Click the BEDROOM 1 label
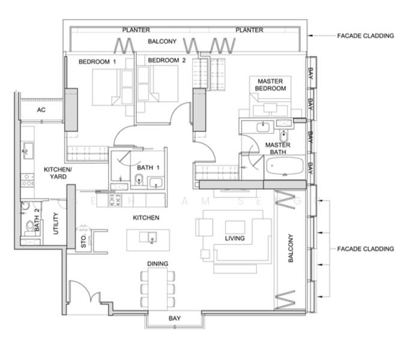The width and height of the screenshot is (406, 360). point(97,61)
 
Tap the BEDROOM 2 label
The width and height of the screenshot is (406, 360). point(167,61)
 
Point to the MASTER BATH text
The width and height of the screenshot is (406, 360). point(278,149)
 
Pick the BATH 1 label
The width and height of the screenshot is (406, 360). point(148,167)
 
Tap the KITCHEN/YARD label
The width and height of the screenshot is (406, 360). point(58,173)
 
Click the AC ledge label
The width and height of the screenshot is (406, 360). point(41,110)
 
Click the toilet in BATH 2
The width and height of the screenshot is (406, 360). point(29,226)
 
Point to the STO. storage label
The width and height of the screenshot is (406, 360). point(83,242)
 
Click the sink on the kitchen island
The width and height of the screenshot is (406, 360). point(150,236)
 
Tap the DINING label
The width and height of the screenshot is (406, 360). point(157,263)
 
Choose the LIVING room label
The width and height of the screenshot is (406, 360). point(235,238)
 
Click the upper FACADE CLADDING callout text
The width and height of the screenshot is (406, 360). point(366,36)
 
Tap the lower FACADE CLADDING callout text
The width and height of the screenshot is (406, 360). point(366,248)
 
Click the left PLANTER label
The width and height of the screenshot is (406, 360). point(136,30)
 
